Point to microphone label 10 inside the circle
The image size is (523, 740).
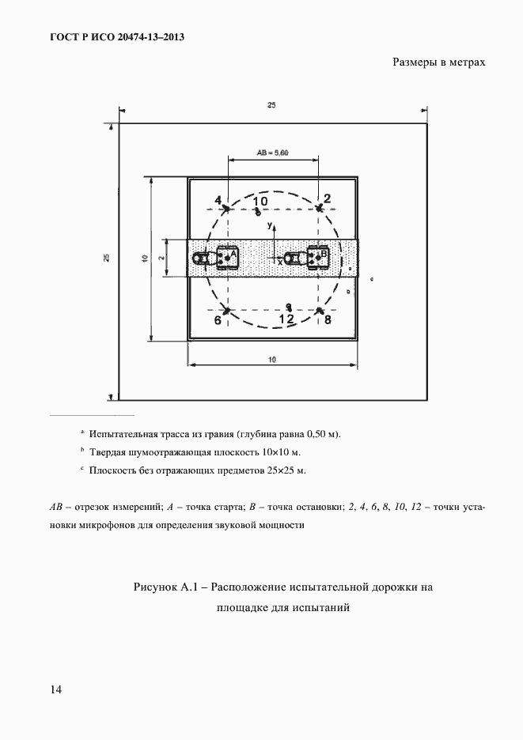pos(260,202)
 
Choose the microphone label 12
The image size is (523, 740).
pos(286,318)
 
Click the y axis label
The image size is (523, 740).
pos(270,225)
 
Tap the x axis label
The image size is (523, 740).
pos(279,262)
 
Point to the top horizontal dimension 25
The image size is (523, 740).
pos(271,106)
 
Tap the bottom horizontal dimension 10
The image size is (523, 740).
pos(271,360)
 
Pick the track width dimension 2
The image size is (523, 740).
pos(160,258)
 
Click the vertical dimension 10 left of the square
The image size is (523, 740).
pos(145,258)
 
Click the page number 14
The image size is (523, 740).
pos(55,689)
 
